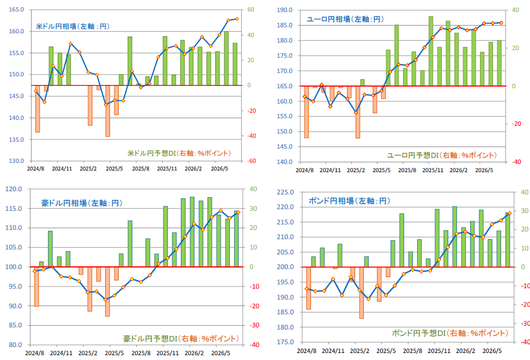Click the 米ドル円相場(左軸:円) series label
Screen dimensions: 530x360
click(x=72, y=26)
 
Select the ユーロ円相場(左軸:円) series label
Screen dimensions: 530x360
click(x=345, y=19)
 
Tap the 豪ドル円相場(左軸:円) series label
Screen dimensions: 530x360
click(x=82, y=203)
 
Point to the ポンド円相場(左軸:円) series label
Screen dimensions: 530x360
click(x=350, y=201)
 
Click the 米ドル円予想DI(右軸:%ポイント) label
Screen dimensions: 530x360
click(x=179, y=153)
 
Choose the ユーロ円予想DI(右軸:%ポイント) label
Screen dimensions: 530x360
click(x=442, y=155)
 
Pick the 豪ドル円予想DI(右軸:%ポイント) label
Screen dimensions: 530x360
click(x=181, y=338)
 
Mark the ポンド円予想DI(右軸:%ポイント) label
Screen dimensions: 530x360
click(x=450, y=333)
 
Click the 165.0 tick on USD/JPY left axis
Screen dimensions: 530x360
click(x=16, y=9)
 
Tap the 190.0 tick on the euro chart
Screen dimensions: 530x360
click(x=284, y=10)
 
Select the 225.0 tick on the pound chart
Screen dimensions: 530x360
click(x=285, y=192)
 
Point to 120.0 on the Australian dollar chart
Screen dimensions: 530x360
click(x=14, y=189)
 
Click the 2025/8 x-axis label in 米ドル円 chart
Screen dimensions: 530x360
click(x=141, y=168)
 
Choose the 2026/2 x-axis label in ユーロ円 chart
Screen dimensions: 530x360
click(x=458, y=170)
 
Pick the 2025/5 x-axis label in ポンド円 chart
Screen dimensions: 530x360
click(x=386, y=351)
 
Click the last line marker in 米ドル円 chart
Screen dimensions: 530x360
click(x=237, y=19)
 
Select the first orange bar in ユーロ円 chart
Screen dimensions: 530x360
click(x=306, y=112)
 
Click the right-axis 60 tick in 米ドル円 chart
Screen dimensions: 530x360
click(x=251, y=9)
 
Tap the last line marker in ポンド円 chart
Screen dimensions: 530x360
click(x=510, y=213)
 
